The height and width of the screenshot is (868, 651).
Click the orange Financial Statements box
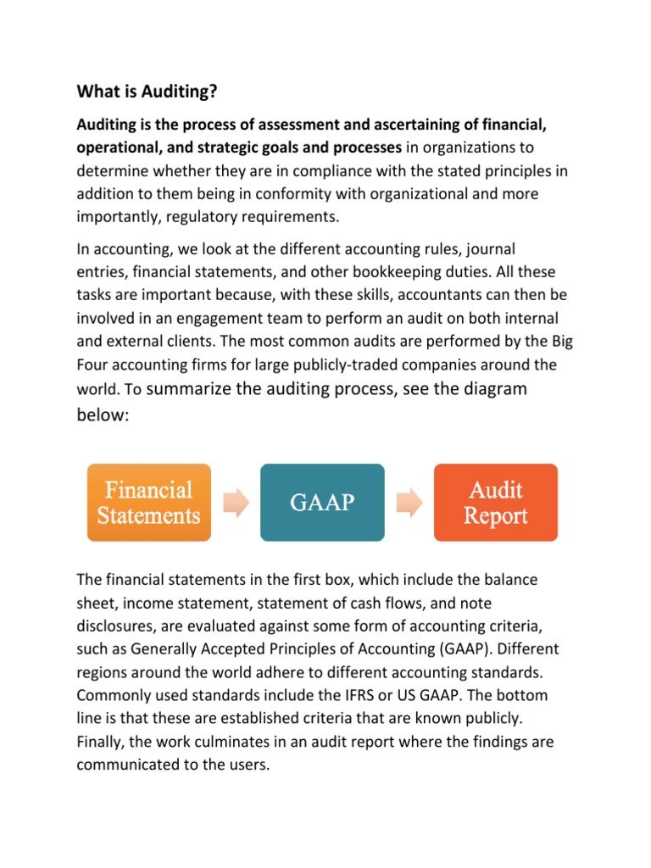click(x=149, y=503)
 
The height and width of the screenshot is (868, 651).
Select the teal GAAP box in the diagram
click(x=322, y=503)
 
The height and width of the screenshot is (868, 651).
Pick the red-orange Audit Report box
click(x=496, y=503)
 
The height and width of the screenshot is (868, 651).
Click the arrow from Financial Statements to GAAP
click(x=236, y=503)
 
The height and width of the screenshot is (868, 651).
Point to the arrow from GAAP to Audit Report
click(x=409, y=503)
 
